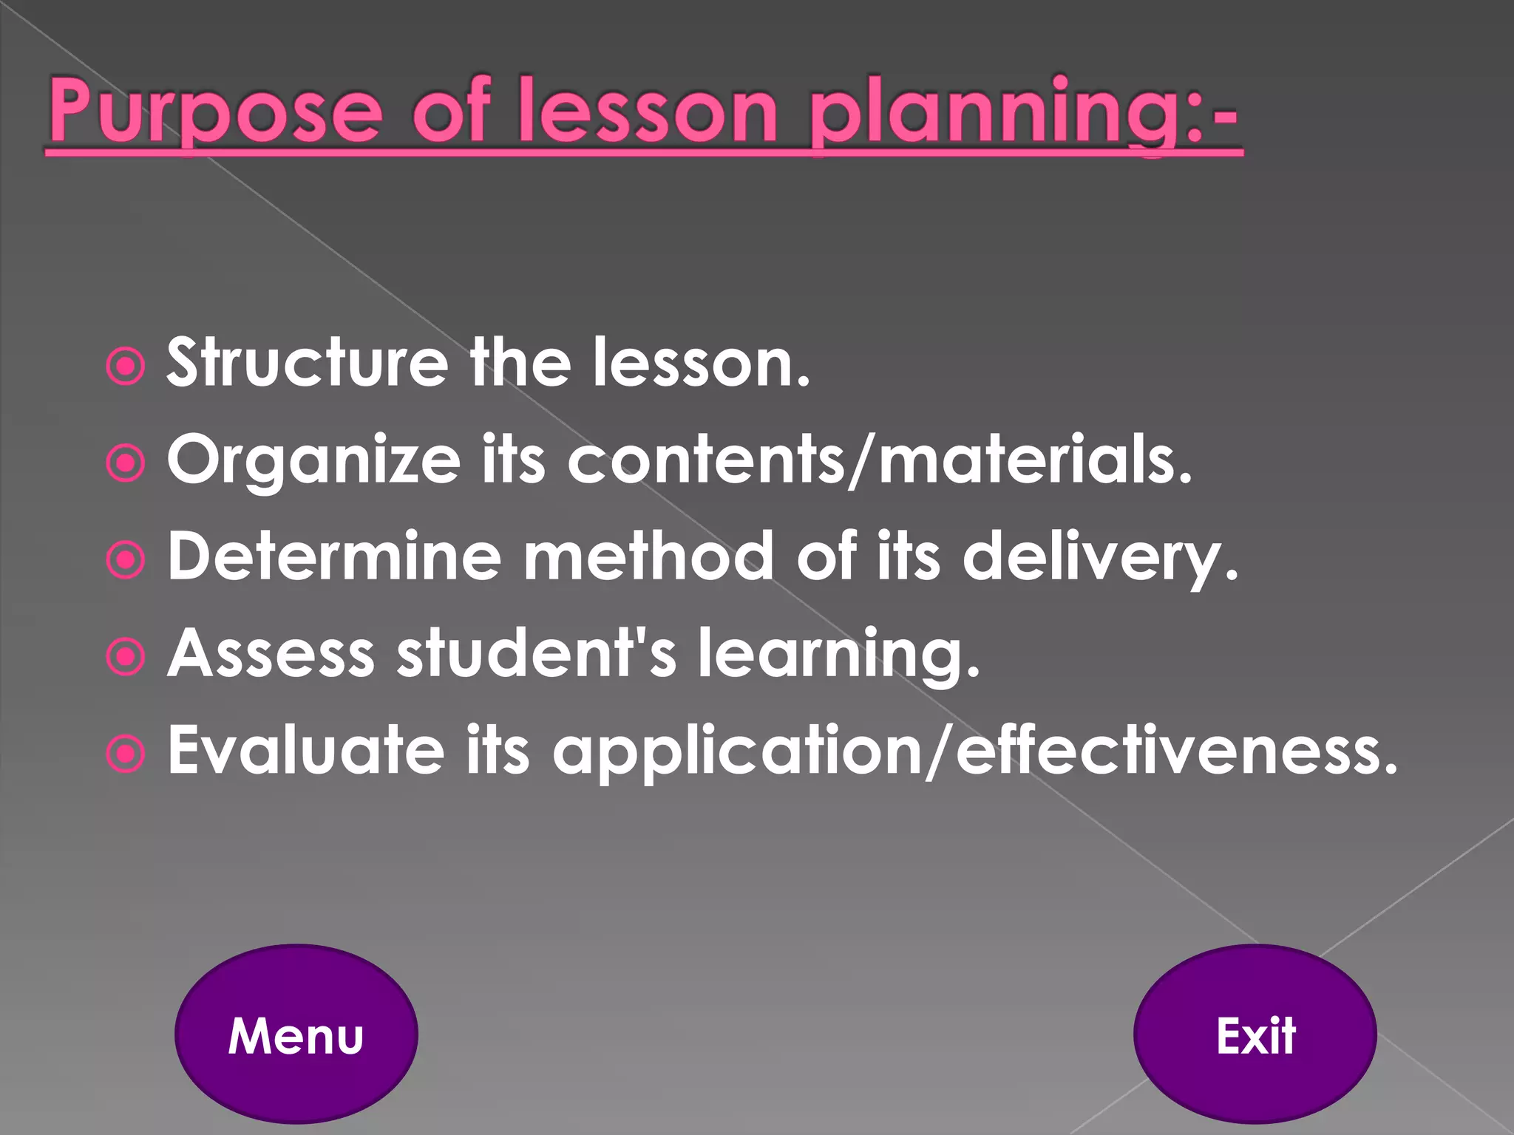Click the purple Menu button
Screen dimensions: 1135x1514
pos(296,1035)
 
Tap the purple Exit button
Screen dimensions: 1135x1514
pos(1255,1035)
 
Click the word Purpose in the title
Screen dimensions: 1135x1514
pos(215,111)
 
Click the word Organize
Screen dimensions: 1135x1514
pos(314,460)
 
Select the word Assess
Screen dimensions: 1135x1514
pos(271,653)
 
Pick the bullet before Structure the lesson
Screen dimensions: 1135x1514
pos(126,366)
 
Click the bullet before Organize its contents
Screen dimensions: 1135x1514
pos(126,463)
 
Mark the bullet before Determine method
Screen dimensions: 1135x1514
pos(126,560)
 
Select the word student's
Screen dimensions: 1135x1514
pos(536,653)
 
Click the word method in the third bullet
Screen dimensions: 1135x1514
pos(648,556)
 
